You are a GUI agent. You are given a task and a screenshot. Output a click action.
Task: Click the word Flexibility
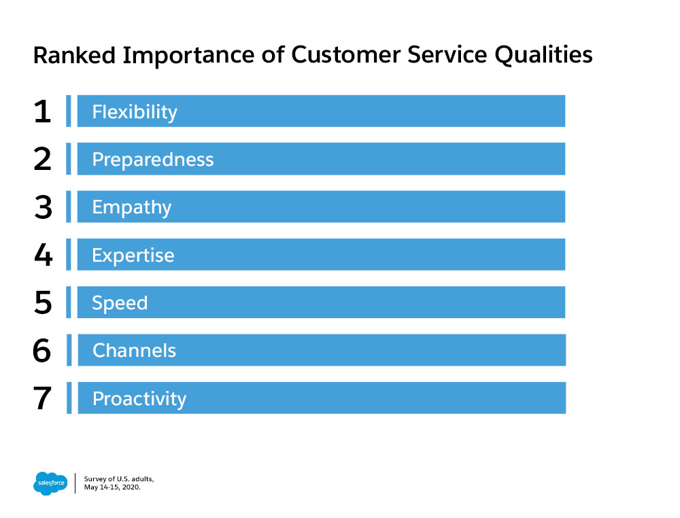point(135,112)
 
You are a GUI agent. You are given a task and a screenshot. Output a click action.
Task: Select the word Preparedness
point(152,160)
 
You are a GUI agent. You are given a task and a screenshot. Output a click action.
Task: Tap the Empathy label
point(132,207)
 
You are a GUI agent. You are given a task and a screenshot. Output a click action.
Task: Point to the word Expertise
point(133,256)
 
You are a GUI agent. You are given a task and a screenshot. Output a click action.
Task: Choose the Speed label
point(120,303)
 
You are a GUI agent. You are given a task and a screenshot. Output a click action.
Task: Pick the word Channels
point(134,350)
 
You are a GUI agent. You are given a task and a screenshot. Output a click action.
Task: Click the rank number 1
point(42,111)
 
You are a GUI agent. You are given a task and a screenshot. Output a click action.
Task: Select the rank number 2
point(42,159)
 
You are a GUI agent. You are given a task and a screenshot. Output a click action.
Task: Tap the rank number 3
point(43,207)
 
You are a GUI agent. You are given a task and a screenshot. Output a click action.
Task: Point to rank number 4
point(43,255)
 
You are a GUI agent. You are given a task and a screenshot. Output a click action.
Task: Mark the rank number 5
point(43,303)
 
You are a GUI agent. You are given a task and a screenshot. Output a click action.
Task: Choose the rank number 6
point(41,350)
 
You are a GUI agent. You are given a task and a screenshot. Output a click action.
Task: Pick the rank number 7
point(42,398)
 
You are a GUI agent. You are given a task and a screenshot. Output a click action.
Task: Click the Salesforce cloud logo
point(50,483)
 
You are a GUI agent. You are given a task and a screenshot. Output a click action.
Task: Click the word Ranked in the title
point(75,55)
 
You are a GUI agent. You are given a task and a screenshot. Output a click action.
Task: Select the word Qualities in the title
point(543,56)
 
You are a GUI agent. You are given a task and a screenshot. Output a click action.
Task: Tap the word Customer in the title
point(345,55)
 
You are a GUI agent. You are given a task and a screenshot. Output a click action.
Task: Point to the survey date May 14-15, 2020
point(112,487)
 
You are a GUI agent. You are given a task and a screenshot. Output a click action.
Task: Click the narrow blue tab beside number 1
point(69,111)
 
